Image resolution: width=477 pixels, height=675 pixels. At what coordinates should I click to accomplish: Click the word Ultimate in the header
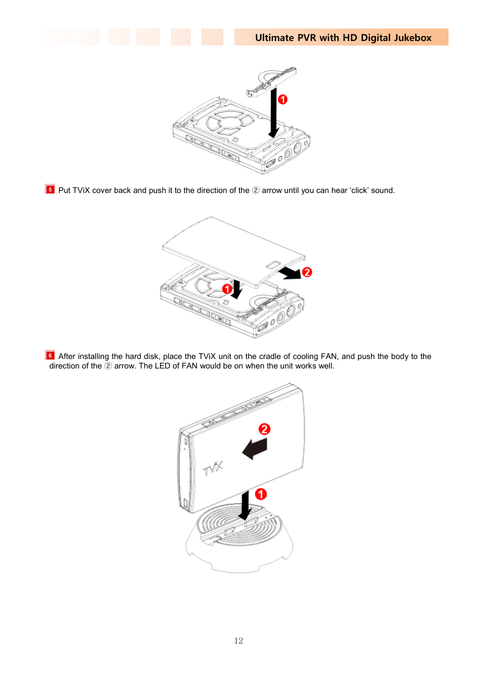click(274, 37)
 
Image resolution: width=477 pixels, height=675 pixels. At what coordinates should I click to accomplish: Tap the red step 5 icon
click(50, 189)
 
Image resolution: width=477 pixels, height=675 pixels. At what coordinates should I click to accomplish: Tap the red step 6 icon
click(50, 355)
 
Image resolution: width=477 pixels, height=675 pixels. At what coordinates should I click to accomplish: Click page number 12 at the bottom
click(238, 640)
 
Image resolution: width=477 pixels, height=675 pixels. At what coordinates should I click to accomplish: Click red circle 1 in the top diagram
click(283, 99)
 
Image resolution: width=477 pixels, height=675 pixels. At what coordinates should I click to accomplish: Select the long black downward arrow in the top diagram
click(273, 113)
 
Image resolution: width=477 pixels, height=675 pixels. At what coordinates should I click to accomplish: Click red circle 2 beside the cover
click(307, 272)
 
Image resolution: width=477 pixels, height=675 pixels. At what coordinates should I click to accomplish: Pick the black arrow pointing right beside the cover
click(290, 273)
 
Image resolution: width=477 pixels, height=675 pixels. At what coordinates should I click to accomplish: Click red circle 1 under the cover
click(227, 288)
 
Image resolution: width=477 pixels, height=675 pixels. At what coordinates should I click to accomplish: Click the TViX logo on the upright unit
click(213, 468)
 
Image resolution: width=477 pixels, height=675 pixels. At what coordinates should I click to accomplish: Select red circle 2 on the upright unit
click(264, 429)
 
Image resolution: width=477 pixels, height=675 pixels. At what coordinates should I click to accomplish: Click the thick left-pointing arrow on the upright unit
click(255, 448)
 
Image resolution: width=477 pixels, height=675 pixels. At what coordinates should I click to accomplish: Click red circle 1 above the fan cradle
click(261, 494)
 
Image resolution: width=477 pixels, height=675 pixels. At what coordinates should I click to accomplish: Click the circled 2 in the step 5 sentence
click(255, 190)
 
